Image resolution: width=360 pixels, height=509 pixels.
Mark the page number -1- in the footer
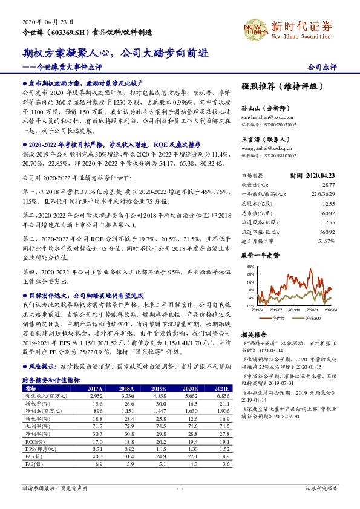pos(180,488)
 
